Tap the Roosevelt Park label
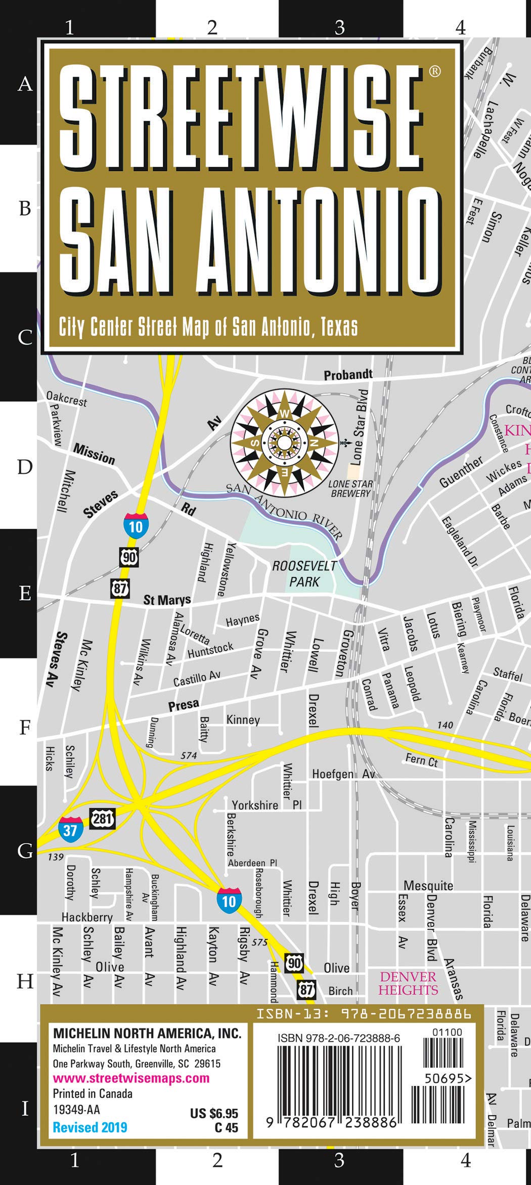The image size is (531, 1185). pyautogui.click(x=304, y=573)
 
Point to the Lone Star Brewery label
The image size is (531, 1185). pyautogui.click(x=350, y=488)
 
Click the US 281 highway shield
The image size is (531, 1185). pyautogui.click(x=103, y=817)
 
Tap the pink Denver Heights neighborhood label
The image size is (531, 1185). pyautogui.click(x=408, y=983)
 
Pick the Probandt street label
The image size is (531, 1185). pyautogui.click(x=348, y=375)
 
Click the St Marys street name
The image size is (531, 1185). pyautogui.click(x=167, y=600)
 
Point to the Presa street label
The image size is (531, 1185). pyautogui.click(x=184, y=705)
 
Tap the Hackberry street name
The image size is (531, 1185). pyautogui.click(x=87, y=917)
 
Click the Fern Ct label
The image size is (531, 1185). pyautogui.click(x=421, y=760)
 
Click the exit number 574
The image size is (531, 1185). pyautogui.click(x=189, y=755)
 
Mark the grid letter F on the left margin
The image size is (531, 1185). pyautogui.click(x=25, y=728)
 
